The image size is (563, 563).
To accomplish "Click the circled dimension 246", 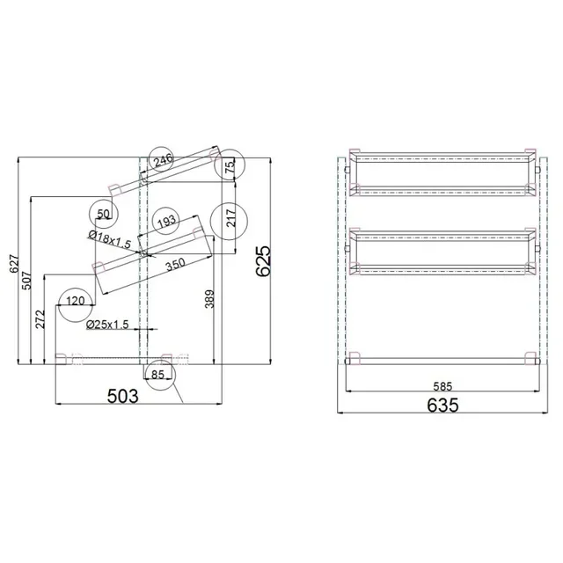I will [162, 160].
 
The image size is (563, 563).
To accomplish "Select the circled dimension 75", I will [230, 165].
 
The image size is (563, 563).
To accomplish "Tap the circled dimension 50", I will [104, 213].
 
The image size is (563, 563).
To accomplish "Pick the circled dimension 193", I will [165, 222].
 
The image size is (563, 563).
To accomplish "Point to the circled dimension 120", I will [76, 302].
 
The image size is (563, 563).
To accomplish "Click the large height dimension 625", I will [262, 261].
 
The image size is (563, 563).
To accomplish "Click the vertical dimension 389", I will [208, 302].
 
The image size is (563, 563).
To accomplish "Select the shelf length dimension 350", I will [175, 263].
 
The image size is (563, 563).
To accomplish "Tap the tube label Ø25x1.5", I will [107, 325].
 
